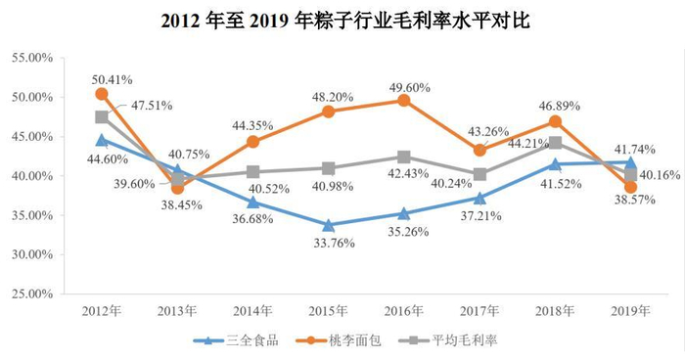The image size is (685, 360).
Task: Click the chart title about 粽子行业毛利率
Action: click(342, 19)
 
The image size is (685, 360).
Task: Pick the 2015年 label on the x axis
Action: click(328, 310)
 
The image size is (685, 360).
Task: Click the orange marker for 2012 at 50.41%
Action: click(102, 94)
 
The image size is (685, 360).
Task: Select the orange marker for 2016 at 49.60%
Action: click(404, 100)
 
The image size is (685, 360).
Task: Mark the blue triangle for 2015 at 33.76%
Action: click(329, 225)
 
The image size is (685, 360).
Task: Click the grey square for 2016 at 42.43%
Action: click(404, 157)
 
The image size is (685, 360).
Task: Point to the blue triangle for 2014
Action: click(252, 202)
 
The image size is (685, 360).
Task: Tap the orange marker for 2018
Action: click(555, 121)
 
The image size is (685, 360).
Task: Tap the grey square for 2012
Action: click(102, 117)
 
